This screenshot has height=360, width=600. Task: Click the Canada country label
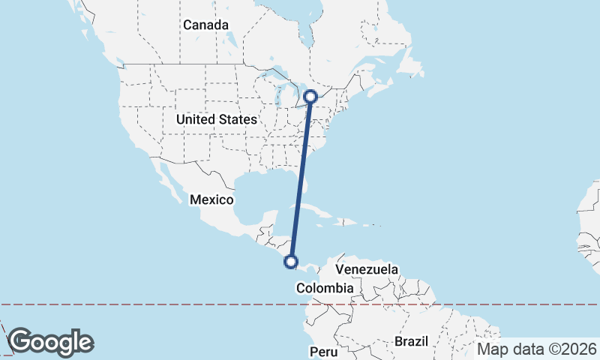coord(205,25)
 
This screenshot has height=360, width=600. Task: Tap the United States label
coord(216,119)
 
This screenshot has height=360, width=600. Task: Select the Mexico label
coord(211,199)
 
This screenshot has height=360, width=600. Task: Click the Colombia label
coord(325,288)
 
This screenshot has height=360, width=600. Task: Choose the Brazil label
coord(411,341)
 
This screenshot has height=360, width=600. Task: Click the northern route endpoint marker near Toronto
coord(311,97)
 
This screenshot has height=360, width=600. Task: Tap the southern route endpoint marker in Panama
coord(292,262)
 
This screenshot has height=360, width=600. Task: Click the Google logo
coord(50,342)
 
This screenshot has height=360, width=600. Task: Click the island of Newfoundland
coord(411,64)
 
